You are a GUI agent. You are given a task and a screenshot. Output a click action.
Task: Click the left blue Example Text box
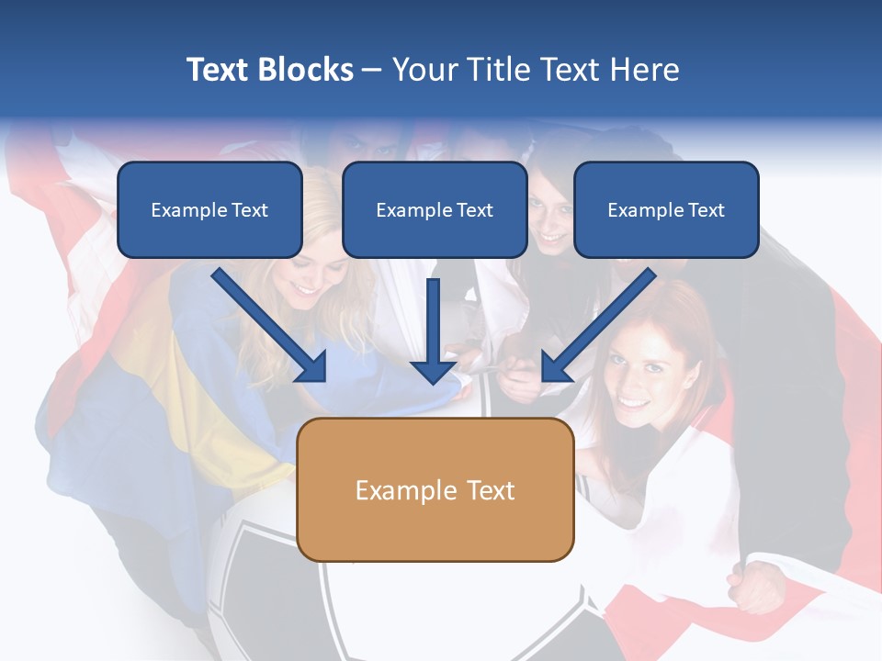point(209,209)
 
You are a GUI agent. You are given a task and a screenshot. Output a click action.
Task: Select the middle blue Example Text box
point(435,209)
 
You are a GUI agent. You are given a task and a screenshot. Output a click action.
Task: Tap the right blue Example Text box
point(666,209)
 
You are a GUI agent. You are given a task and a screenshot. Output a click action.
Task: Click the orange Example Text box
point(435,489)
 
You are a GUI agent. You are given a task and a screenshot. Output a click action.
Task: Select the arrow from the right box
point(599,325)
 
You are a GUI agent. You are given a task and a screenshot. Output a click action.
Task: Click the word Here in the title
point(643,70)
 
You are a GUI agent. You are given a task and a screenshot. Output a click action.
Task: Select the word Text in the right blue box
point(706,210)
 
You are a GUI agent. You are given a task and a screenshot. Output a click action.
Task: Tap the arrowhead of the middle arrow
point(434,371)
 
